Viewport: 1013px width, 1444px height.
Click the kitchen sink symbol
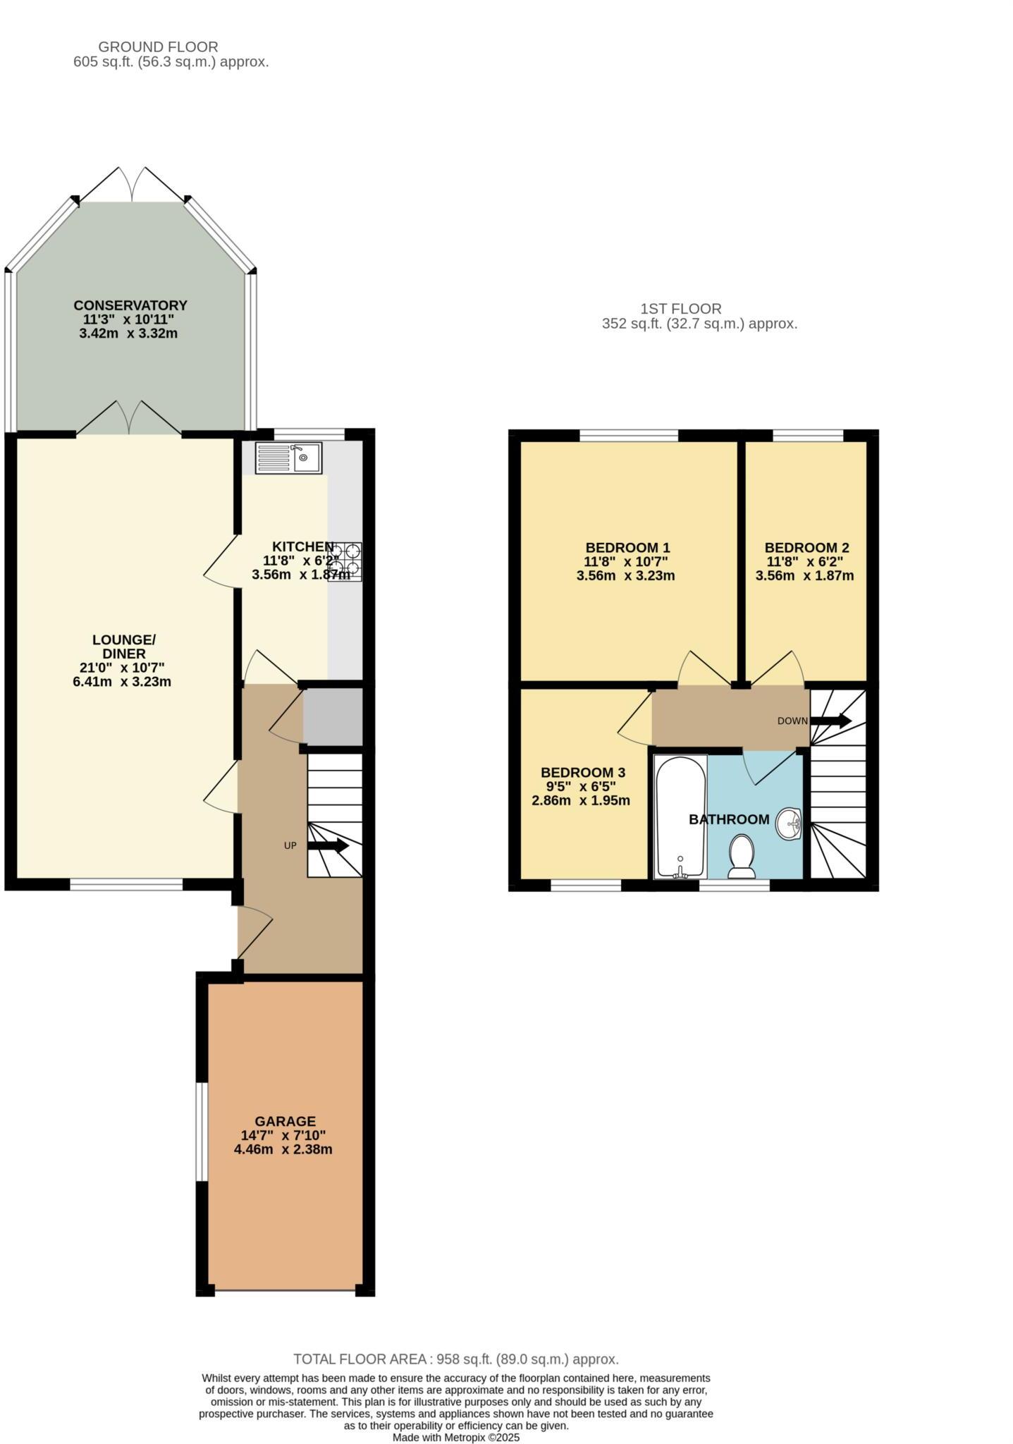[x=288, y=458]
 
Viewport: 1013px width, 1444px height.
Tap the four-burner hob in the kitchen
[x=345, y=561]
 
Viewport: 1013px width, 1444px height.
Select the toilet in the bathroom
[x=741, y=856]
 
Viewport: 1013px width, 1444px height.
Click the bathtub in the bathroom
[x=680, y=816]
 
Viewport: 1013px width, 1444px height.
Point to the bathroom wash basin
[x=789, y=824]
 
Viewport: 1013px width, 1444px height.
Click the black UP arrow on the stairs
[x=329, y=845]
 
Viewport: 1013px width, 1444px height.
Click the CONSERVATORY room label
[x=130, y=305]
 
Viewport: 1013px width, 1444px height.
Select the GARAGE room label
[x=285, y=1121]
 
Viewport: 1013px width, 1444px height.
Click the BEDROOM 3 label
[x=583, y=773]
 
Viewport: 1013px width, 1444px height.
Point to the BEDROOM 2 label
[x=806, y=548]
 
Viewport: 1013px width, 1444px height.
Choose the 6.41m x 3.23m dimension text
[x=122, y=682]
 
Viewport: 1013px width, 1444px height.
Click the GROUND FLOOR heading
[x=158, y=47]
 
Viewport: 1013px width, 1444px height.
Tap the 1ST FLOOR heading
[x=680, y=309]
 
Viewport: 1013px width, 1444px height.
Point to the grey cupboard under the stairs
[x=333, y=716]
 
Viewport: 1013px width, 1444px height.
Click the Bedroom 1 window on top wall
[x=629, y=435]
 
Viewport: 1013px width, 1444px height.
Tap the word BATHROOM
[x=729, y=819]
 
